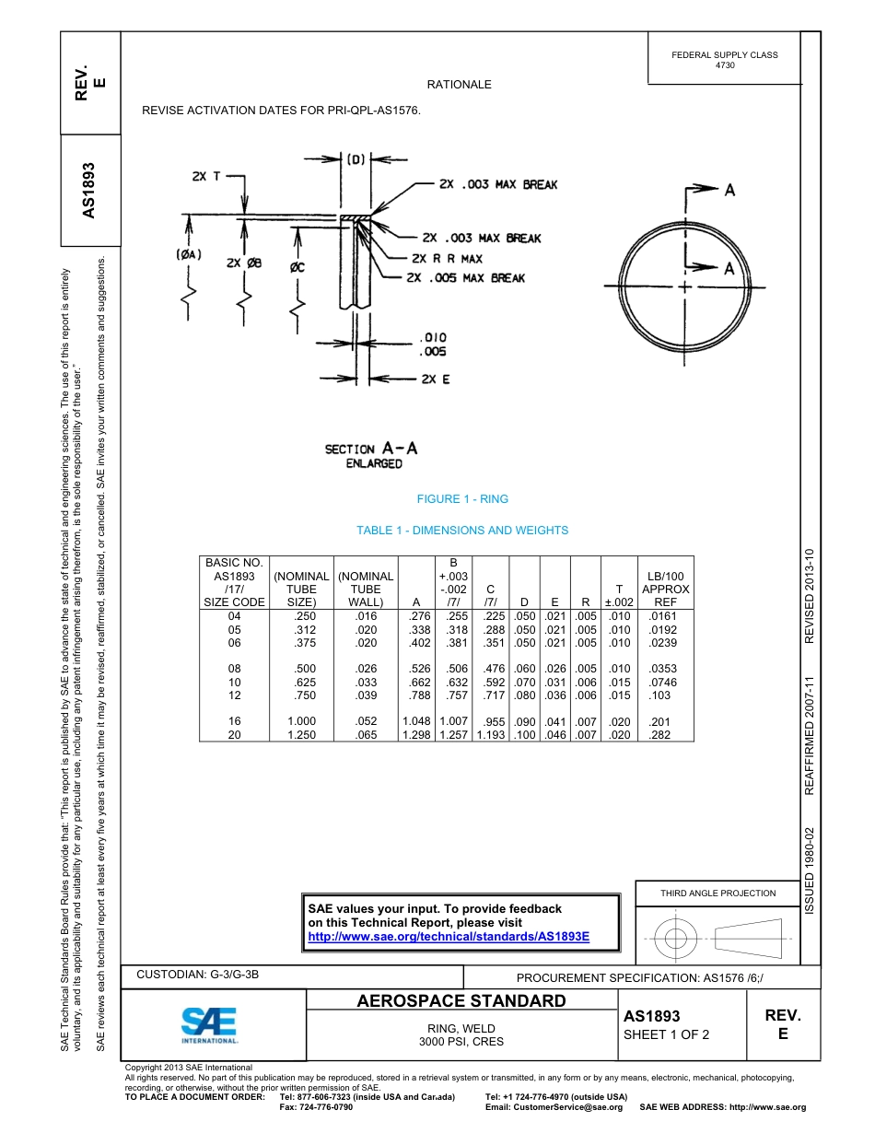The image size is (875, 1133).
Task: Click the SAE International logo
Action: point(209,1024)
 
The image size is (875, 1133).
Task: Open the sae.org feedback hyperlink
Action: point(448,936)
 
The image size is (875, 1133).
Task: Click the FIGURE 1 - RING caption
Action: point(462,499)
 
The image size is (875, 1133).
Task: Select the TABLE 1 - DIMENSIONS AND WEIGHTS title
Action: point(462,531)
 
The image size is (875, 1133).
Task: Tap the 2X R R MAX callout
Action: point(447,259)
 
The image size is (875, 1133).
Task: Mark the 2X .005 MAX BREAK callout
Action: point(468,277)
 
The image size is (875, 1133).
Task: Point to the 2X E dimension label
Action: point(435,379)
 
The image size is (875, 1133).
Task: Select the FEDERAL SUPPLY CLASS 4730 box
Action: point(724,60)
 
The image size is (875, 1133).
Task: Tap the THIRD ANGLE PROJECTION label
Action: point(717,893)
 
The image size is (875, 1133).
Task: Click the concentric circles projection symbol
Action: point(677,940)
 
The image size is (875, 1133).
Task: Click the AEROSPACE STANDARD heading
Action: point(461,1001)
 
